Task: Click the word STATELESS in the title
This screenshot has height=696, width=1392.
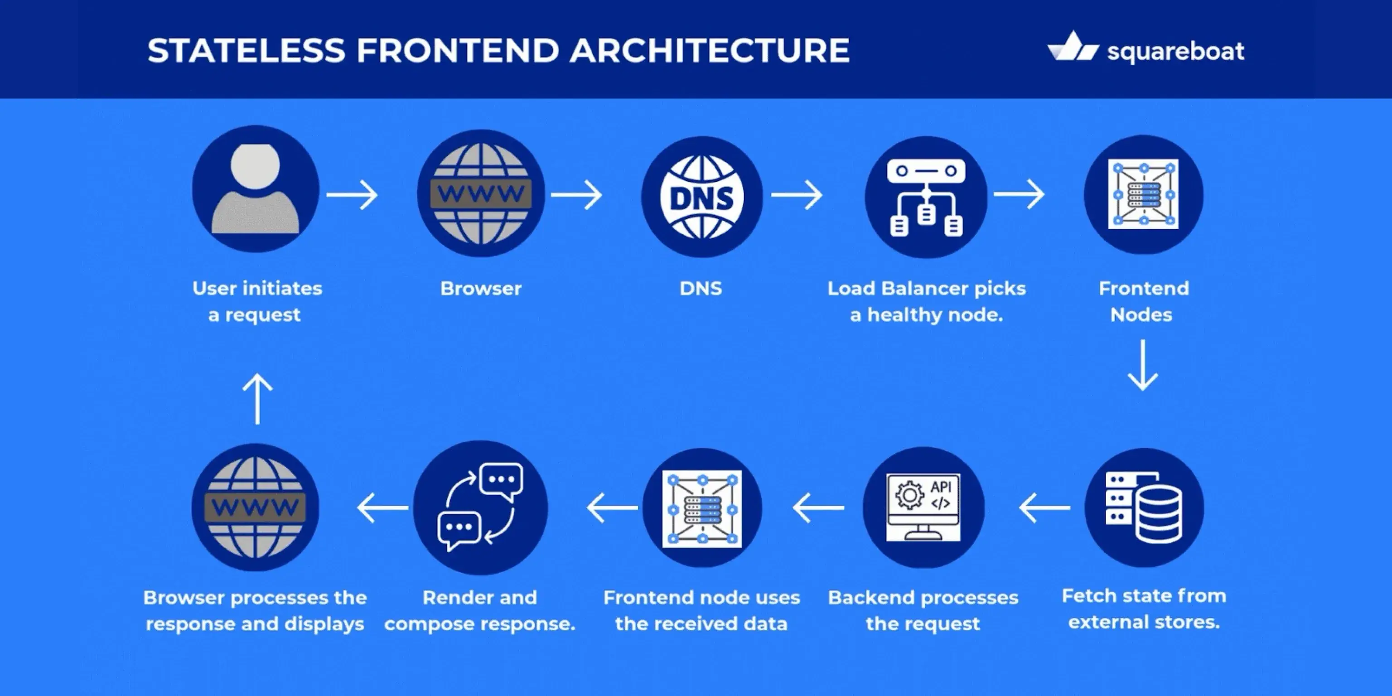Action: pyautogui.click(x=246, y=50)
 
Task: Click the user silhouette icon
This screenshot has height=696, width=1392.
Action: pyautogui.click(x=255, y=189)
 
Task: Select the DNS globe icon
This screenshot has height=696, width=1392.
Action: pyautogui.click(x=701, y=197)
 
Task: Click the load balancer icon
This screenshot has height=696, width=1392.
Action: pyautogui.click(x=926, y=197)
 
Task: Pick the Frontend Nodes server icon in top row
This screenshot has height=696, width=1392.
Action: pyautogui.click(x=1143, y=194)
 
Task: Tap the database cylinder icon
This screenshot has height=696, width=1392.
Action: pyautogui.click(x=1144, y=507)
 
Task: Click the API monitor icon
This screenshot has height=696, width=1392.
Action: pyautogui.click(x=923, y=507)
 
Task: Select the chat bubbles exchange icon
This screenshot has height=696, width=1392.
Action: pyautogui.click(x=480, y=507)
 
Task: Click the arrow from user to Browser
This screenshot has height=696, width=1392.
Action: pyautogui.click(x=353, y=194)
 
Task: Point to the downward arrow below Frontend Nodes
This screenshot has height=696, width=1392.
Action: pyautogui.click(x=1142, y=365)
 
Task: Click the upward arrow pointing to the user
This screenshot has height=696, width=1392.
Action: pyautogui.click(x=257, y=399)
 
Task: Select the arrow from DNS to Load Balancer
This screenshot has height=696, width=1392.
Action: pyautogui.click(x=797, y=194)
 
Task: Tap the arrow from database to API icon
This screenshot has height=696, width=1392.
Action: pyautogui.click(x=1044, y=507)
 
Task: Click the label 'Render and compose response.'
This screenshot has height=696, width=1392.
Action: pyautogui.click(x=480, y=611)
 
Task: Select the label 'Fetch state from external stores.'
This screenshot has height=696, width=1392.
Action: pyautogui.click(x=1143, y=609)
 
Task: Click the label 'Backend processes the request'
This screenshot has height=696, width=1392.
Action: pyautogui.click(x=923, y=611)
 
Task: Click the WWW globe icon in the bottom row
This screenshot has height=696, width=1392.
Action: pyautogui.click(x=255, y=507)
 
